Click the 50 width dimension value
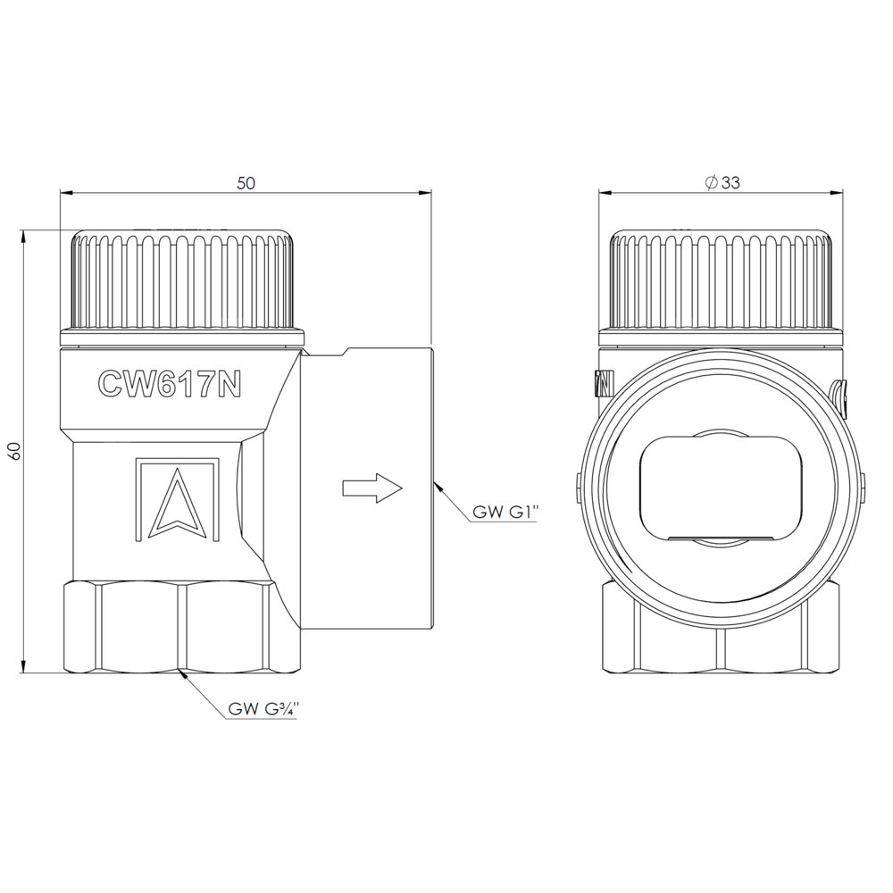pyautogui.click(x=246, y=183)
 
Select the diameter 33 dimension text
pyautogui.click(x=722, y=183)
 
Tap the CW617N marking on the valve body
pyautogui.click(x=170, y=384)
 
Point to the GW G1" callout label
pyautogui.click(x=505, y=512)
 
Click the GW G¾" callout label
pyautogui.click(x=263, y=708)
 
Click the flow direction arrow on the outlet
pyautogui.click(x=371, y=488)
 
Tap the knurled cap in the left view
pyautogui.click(x=182, y=288)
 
